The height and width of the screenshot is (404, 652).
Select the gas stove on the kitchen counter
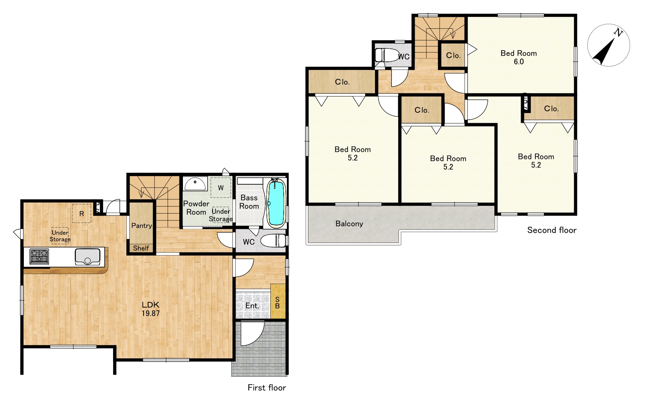point(39,256)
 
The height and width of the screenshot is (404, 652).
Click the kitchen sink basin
point(88,256)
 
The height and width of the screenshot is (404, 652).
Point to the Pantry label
point(141,226)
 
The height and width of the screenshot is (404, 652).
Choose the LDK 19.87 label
point(151,309)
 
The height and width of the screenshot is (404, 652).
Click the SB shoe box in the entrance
point(278,302)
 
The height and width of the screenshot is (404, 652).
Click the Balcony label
point(349,224)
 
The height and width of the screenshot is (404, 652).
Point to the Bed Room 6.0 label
point(519,57)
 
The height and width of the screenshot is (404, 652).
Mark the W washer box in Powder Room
point(220,187)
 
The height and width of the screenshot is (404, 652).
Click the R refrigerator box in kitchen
point(81,213)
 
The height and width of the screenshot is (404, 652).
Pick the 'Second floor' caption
point(552,230)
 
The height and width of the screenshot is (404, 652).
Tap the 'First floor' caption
point(266,388)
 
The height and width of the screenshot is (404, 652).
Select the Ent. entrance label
point(252,306)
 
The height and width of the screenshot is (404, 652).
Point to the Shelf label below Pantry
point(141,248)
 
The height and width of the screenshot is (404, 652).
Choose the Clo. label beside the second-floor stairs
point(453,55)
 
